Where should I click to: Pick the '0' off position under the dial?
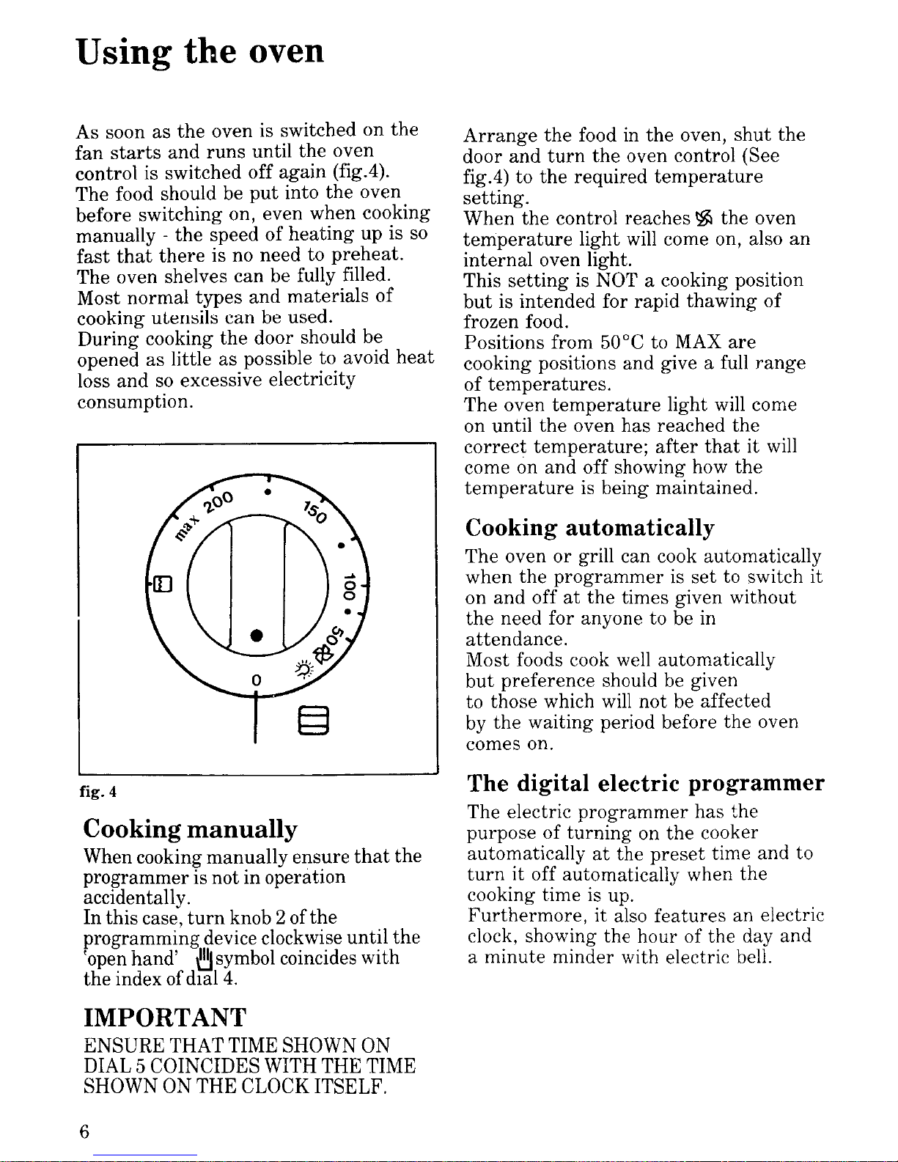tap(256, 680)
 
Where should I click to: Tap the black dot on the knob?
tap(256, 634)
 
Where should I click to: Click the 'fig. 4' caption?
tap(98, 792)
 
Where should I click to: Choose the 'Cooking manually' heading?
tap(191, 829)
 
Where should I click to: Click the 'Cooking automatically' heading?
tap(589, 528)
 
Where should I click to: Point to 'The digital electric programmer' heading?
tap(645, 784)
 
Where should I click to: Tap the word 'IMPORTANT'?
tap(165, 1018)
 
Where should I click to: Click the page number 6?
tap(84, 1132)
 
